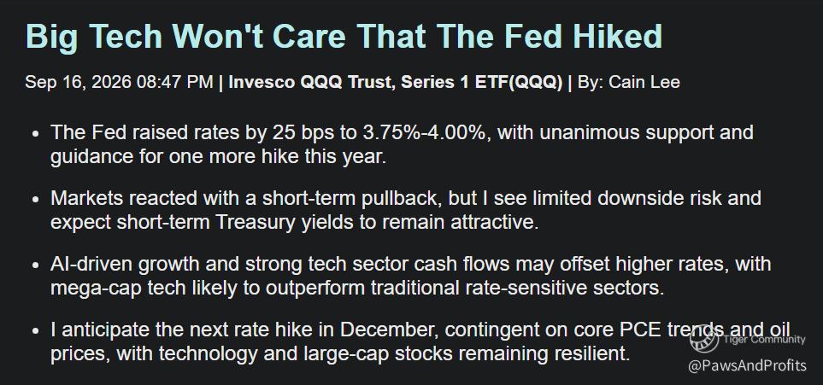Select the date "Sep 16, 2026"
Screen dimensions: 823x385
click(79, 83)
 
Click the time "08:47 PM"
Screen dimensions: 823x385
click(175, 82)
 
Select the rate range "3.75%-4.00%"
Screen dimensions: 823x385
click(425, 132)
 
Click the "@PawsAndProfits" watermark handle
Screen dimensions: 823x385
click(748, 365)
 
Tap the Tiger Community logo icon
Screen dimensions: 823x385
click(704, 340)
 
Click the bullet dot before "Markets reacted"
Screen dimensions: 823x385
click(36, 200)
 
